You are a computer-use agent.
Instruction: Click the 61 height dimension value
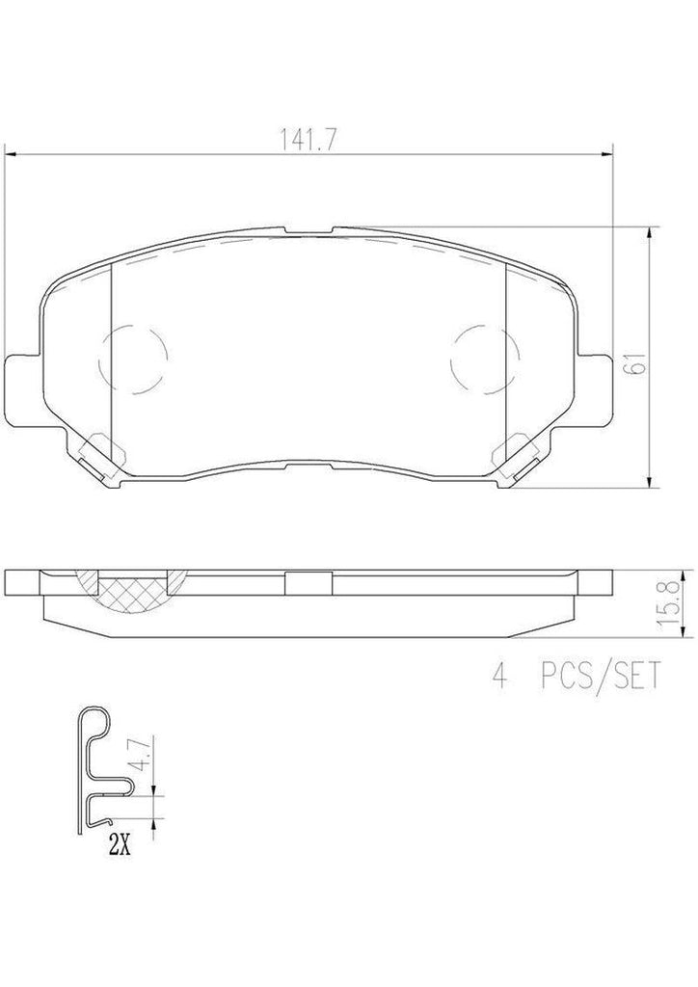click(x=633, y=363)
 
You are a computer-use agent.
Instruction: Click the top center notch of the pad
click(x=309, y=231)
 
